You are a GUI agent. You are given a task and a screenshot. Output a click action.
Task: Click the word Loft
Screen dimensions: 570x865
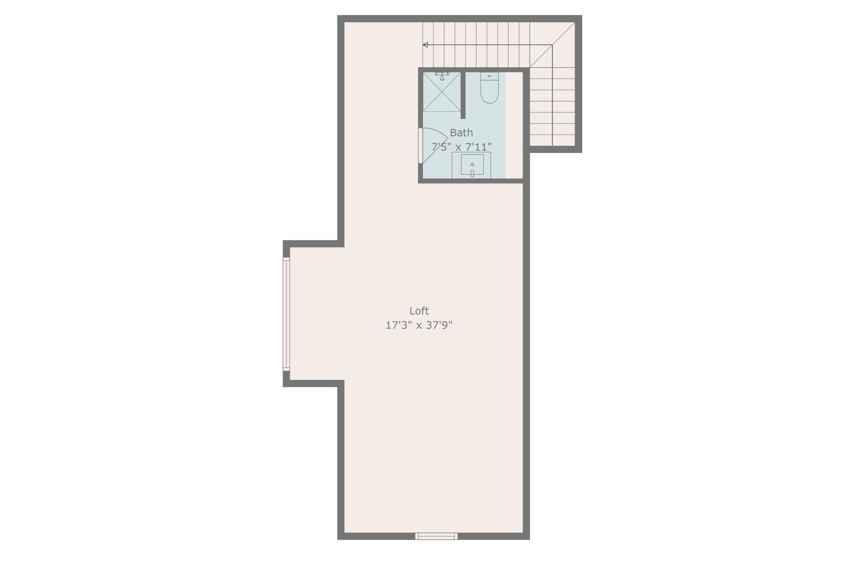419,311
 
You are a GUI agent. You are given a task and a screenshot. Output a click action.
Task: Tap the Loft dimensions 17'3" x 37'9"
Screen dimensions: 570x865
419,325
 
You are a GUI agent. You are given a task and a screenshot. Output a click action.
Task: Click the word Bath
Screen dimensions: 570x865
461,133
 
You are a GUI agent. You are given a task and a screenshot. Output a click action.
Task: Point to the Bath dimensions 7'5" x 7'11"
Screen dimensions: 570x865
461,147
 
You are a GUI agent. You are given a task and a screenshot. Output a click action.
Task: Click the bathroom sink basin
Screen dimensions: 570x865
472,164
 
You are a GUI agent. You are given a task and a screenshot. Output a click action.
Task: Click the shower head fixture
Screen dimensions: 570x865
442,76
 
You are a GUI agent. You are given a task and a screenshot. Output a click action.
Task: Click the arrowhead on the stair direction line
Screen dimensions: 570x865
425,45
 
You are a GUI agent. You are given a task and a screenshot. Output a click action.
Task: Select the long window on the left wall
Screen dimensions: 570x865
286,314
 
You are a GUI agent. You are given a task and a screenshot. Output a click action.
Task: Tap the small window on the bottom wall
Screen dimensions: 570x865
436,536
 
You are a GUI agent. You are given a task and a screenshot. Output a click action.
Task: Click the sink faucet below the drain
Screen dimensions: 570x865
472,173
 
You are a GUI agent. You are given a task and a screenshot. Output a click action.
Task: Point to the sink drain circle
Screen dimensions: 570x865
472,164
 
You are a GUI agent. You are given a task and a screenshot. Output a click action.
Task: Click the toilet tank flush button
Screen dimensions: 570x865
489,76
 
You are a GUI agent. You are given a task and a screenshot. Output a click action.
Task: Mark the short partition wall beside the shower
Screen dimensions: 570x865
463,95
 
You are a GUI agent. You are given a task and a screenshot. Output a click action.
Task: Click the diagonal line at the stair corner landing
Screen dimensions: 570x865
552,45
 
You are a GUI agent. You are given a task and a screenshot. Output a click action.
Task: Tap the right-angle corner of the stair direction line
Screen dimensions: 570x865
552,45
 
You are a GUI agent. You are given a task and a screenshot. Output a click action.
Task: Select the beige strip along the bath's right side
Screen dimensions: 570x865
514,125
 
